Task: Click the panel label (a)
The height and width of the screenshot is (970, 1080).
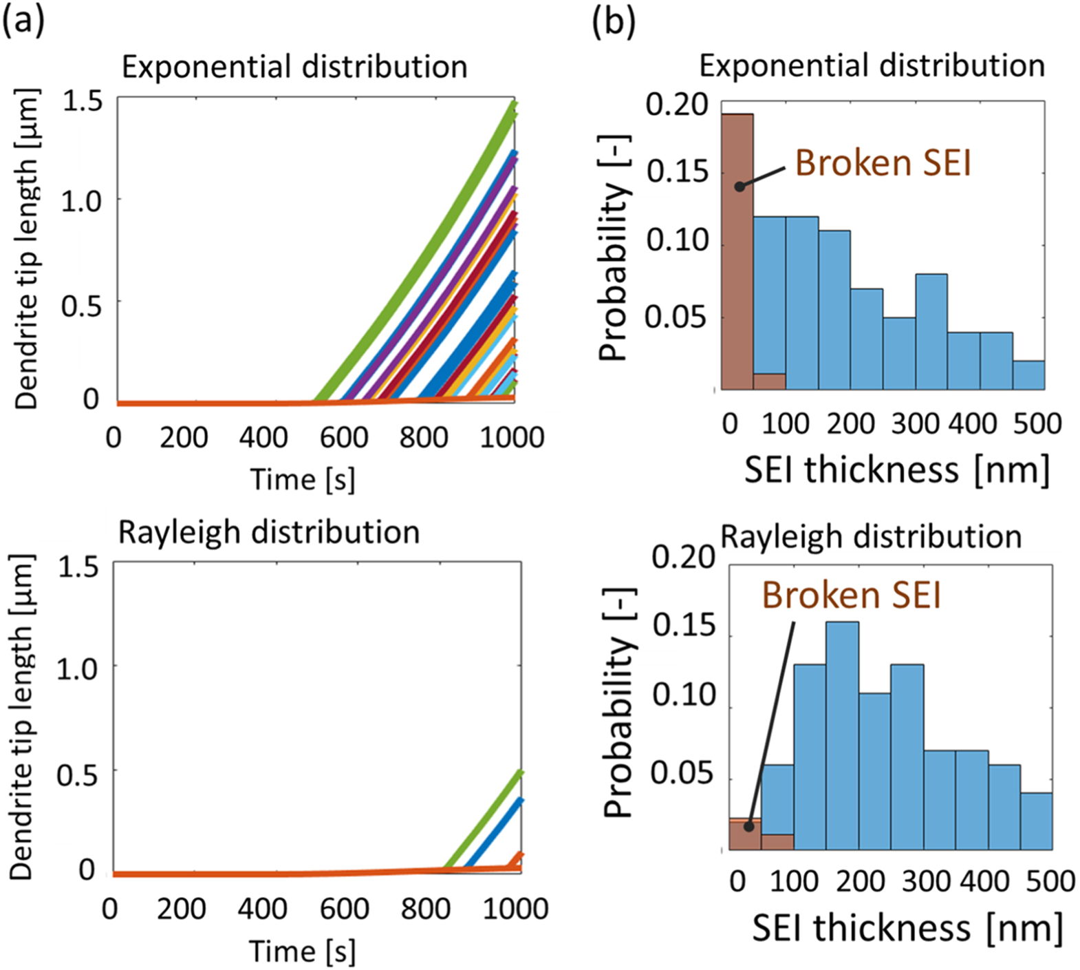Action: tap(23, 20)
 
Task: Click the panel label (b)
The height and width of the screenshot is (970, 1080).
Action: tap(613, 21)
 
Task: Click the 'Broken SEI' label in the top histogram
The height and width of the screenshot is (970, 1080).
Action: tap(883, 163)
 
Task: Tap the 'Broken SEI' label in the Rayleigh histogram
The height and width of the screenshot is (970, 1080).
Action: tap(851, 595)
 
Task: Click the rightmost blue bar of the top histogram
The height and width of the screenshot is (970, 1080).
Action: tap(1028, 375)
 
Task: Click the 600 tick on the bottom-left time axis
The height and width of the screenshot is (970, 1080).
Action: tap(344, 909)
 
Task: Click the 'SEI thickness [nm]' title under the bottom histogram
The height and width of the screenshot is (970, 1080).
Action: tap(907, 927)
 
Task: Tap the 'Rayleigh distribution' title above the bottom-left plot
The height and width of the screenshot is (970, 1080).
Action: tap(269, 532)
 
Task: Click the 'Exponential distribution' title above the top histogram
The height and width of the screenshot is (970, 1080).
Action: tap(872, 66)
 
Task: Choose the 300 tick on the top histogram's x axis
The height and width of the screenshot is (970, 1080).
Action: tap(915, 423)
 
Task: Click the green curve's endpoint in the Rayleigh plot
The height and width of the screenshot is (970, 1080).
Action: tap(521, 772)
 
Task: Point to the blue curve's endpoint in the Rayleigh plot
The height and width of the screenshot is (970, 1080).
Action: tap(521, 800)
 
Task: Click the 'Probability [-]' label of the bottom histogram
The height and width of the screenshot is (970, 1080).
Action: tap(618, 702)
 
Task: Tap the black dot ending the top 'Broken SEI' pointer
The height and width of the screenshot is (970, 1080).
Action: tap(739, 187)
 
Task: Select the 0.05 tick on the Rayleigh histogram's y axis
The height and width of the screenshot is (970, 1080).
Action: tap(682, 773)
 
